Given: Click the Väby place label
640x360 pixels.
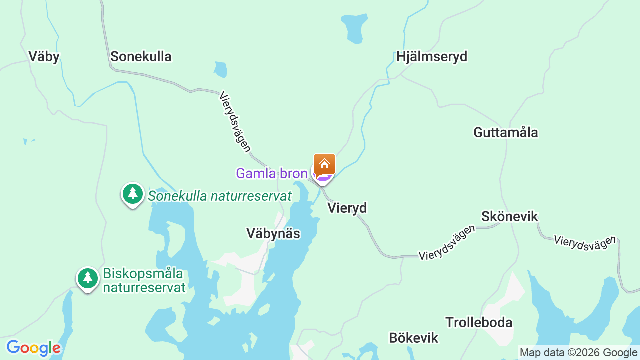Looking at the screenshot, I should pyautogui.click(x=44, y=57).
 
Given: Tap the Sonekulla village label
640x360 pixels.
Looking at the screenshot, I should pyautogui.click(x=141, y=57).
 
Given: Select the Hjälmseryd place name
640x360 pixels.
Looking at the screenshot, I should pyautogui.click(x=432, y=57).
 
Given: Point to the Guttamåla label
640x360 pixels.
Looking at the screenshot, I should pyautogui.click(x=505, y=133).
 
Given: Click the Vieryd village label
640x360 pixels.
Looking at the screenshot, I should pyautogui.click(x=347, y=208).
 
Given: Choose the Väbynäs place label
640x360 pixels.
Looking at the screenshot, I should pyautogui.click(x=273, y=234).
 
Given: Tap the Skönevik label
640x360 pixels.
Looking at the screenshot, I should pyautogui.click(x=509, y=217).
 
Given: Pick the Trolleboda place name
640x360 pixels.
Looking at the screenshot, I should pyautogui.click(x=479, y=323).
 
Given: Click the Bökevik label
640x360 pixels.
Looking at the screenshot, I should pyautogui.click(x=413, y=338).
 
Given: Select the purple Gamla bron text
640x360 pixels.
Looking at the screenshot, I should pyautogui.click(x=271, y=174).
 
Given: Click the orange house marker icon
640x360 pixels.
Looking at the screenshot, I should pyautogui.click(x=324, y=163).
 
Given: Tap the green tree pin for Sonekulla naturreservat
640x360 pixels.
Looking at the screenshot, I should pyautogui.click(x=132, y=194).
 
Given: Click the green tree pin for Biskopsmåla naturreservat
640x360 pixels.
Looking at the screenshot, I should pyautogui.click(x=88, y=278).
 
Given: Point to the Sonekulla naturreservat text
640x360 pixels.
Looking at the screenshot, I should pyautogui.click(x=219, y=196).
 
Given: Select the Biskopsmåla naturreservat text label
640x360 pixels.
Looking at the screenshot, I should pyautogui.click(x=144, y=281).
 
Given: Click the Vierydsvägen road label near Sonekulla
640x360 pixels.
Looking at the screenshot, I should pyautogui.click(x=235, y=122).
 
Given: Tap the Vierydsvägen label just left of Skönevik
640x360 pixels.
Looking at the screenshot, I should pyautogui.click(x=447, y=243).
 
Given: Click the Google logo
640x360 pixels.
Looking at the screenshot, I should pyautogui.click(x=33, y=348).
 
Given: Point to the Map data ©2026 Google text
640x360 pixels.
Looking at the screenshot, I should pyautogui.click(x=578, y=353).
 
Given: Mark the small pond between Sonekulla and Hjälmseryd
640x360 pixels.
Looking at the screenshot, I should pyautogui.click(x=220, y=69).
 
